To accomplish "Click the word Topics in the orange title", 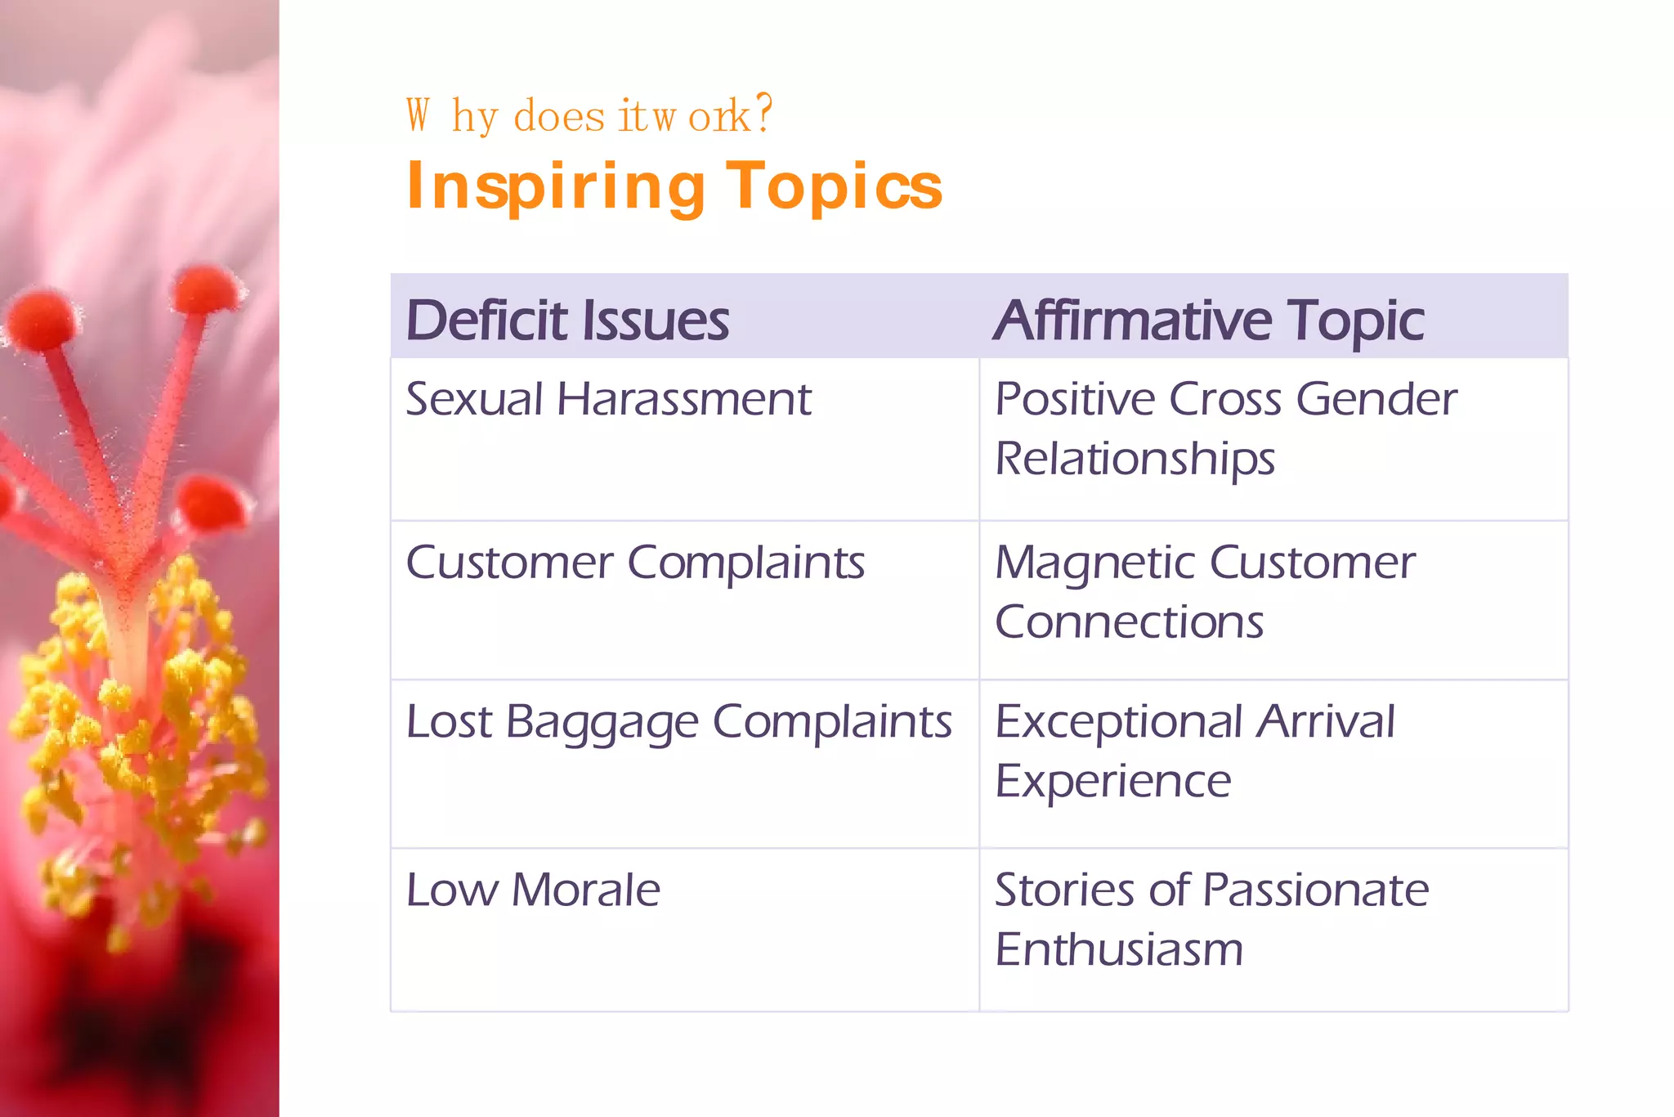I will (834, 187).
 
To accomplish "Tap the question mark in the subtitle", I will (763, 114).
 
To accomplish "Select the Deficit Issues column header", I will (567, 320).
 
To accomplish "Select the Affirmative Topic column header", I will (1208, 320).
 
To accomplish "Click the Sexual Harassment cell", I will (608, 400).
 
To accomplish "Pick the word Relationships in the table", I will (1135, 459).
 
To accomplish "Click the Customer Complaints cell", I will (635, 563).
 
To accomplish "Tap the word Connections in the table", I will (1129, 622).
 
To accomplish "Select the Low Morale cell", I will (533, 890).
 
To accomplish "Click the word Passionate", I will (1315, 890).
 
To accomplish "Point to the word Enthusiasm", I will (1119, 949).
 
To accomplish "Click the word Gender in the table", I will (1376, 400).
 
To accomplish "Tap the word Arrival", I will (1325, 722).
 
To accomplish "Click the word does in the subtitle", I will (559, 116).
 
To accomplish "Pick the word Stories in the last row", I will (1063, 890).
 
